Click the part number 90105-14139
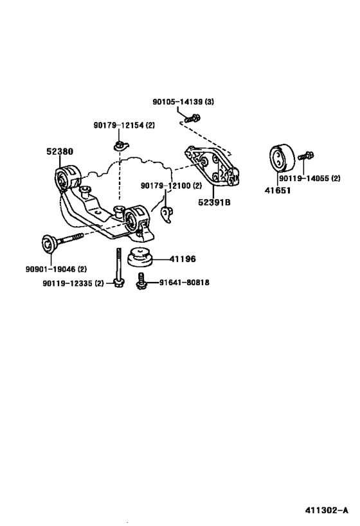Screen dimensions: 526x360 pos(179,102)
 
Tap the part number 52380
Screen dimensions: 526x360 pos(59,152)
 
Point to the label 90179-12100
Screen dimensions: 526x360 pos(166,186)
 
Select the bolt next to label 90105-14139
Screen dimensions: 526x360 pos(192,118)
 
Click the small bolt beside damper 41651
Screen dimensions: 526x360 pos(305,156)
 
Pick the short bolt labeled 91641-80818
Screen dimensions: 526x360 pos(141,281)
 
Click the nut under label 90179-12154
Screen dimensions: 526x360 pos(120,143)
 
